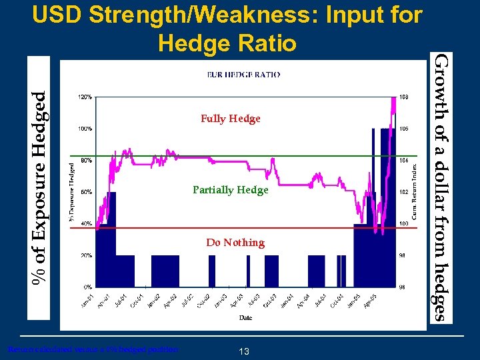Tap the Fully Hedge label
pos(230,119)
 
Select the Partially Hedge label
pos(230,190)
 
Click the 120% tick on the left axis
pos(85,97)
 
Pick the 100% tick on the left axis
pos(85,129)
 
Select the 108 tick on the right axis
pos(403,97)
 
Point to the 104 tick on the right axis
pos(403,160)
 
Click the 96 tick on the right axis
pos(403,287)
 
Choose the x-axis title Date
pos(245,317)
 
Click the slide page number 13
pos(244,351)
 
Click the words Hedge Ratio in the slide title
pos(227,43)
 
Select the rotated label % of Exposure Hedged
pos(41,190)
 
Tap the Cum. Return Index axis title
pos(414,190)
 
